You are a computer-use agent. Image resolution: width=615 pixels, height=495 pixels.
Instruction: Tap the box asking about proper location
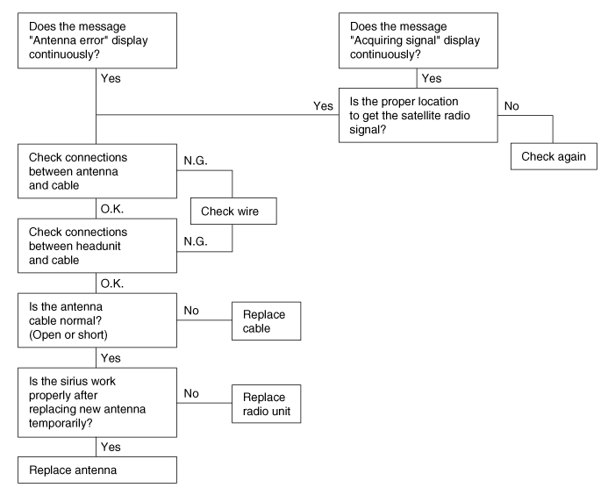(x=417, y=114)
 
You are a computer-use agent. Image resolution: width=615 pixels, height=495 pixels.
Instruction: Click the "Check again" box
(x=554, y=155)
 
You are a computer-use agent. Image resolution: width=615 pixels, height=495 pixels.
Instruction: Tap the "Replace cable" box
(x=266, y=322)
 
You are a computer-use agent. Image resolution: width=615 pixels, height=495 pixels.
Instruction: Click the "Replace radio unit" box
(x=266, y=403)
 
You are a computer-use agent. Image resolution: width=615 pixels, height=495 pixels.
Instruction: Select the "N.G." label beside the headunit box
(x=196, y=241)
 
